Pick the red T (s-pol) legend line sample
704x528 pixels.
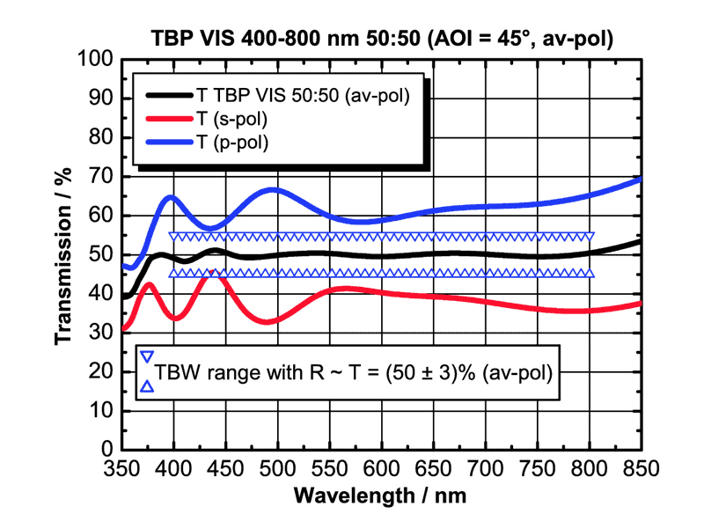[169, 118]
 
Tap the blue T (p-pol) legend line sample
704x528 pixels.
[169, 139]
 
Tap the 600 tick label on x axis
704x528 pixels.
[382, 468]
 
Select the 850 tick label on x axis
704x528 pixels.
[641, 468]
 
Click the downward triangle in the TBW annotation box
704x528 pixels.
[148, 357]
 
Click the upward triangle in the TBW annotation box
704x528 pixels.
[148, 386]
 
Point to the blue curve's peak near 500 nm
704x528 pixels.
[275, 189]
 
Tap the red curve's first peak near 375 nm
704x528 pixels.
[149, 284]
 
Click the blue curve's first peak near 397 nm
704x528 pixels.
[172, 197]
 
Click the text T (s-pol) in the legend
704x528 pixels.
[232, 118]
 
